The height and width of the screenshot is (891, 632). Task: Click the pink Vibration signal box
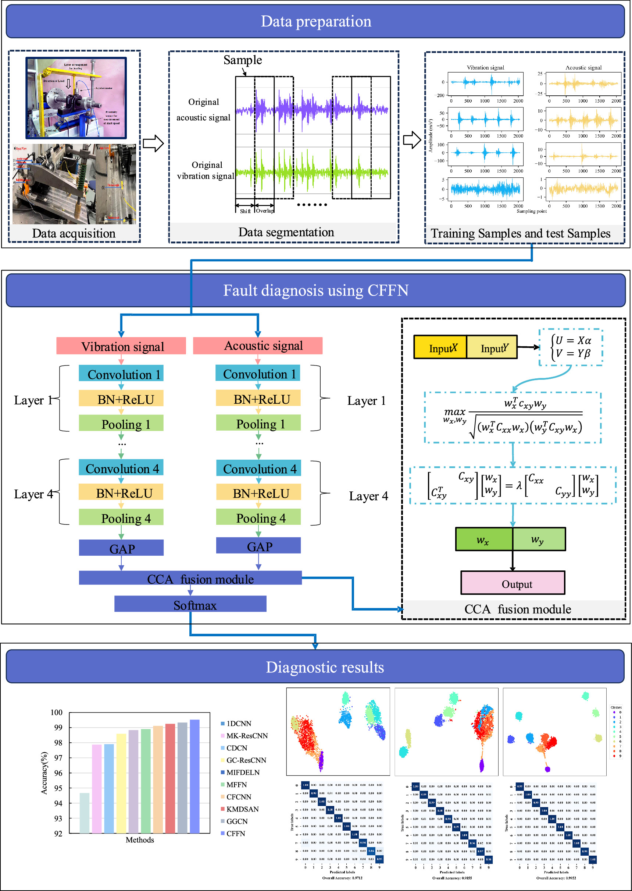121,346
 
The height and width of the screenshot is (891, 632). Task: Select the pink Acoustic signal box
258,346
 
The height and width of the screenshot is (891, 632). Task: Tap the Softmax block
190,605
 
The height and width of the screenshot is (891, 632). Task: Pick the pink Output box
513,584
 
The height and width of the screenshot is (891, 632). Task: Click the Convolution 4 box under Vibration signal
121,468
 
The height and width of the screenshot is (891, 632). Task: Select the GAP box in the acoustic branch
258,546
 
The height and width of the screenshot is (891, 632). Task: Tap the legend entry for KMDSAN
242,809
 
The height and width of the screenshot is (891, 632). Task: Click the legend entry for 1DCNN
239,724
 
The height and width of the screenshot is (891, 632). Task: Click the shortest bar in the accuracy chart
85,813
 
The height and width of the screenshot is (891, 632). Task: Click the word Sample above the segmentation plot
242,60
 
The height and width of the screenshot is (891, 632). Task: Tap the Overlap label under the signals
265,211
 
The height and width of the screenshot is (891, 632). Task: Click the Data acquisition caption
74,233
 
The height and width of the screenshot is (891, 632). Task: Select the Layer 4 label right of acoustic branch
368,496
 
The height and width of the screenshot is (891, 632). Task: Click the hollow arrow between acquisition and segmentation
153,144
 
